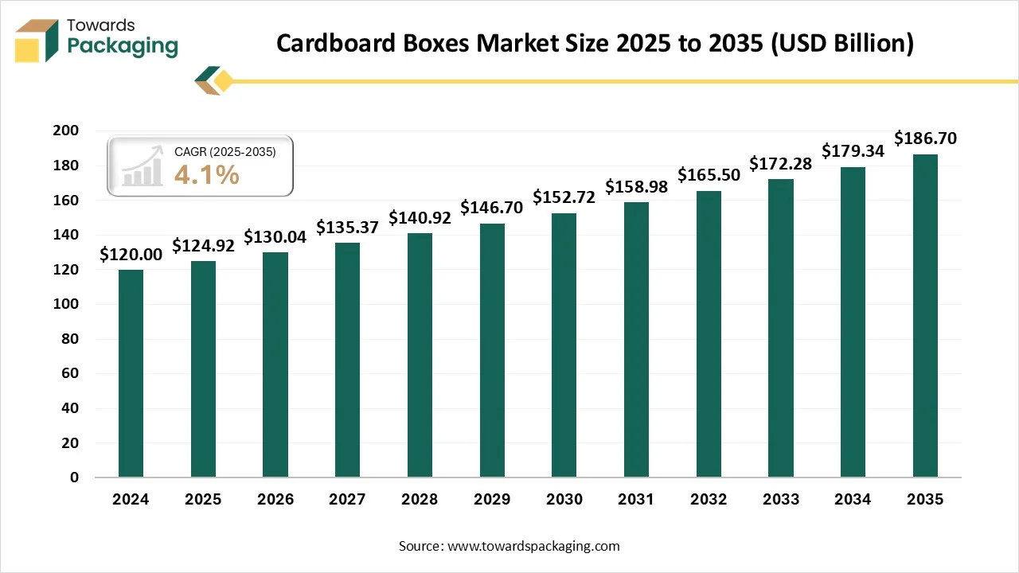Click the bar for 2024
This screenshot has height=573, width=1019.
131,373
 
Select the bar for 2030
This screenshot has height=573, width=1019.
564,345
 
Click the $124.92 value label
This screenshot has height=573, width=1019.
203,246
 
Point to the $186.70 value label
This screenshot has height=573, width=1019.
925,138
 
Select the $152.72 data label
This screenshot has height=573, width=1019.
564,197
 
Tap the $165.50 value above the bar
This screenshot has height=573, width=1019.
709,175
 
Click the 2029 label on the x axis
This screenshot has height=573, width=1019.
491,500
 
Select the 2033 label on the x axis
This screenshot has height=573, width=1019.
780,500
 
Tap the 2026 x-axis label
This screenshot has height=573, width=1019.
275,500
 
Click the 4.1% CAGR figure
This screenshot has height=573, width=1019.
206,174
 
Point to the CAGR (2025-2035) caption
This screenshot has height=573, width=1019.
225,151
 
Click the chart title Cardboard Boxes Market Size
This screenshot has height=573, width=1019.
595,44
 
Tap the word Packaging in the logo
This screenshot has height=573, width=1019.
123,46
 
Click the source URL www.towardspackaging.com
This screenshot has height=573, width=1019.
533,546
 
